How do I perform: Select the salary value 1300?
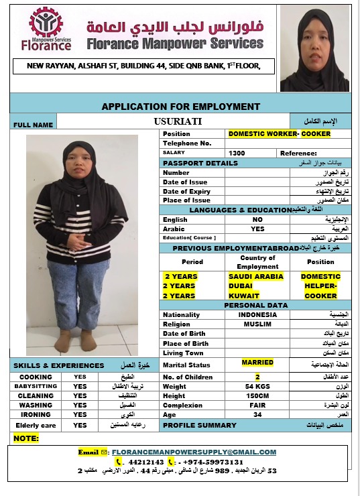coord(237,153)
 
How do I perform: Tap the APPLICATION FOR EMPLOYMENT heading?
coord(180,107)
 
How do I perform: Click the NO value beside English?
coord(257,219)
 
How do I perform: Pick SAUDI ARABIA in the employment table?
coord(256,276)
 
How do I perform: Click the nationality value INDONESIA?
coord(257,314)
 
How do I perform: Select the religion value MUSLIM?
coord(257,324)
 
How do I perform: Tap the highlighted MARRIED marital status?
coord(257,363)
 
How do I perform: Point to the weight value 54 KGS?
coord(257,386)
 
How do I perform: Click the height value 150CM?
coord(257,395)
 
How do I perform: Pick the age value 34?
coord(257,414)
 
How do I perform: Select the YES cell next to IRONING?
coord(80,414)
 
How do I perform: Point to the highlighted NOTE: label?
coord(26,438)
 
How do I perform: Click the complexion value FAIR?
coord(257,405)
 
